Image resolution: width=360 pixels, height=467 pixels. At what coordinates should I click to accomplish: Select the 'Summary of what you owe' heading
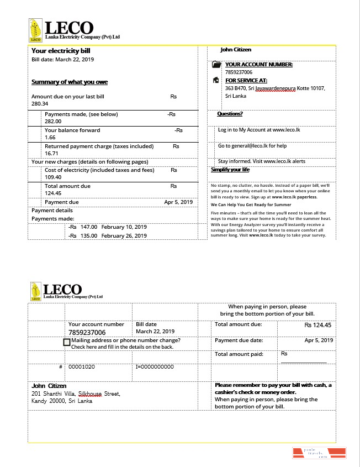tap(70, 82)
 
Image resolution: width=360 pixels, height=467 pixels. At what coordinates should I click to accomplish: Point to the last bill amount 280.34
tap(40, 104)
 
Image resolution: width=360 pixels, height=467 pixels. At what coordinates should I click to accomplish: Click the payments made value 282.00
tap(53, 121)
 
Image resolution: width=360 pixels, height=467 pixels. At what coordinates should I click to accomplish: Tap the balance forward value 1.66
tap(50, 137)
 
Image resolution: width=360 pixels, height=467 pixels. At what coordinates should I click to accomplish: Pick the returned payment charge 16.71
tap(51, 153)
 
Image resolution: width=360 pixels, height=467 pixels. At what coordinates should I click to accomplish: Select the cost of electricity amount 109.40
tap(53, 177)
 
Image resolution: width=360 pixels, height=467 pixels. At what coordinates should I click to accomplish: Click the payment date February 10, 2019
tap(124, 227)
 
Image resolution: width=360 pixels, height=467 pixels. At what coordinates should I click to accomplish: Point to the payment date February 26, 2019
tap(124, 235)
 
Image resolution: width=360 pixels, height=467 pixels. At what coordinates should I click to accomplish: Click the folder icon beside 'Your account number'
tap(216, 65)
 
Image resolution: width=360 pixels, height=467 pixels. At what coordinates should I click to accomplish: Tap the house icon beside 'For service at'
tap(216, 80)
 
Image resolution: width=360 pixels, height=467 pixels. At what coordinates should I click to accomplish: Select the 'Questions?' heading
tap(230, 114)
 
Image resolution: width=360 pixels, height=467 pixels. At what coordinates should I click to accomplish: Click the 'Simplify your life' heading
tap(230, 170)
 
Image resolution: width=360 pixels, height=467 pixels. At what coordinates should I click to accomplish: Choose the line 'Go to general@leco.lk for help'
tap(252, 146)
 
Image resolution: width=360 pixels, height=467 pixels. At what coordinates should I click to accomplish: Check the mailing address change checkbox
tap(67, 342)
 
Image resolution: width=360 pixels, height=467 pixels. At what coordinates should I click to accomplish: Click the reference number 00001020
tap(81, 367)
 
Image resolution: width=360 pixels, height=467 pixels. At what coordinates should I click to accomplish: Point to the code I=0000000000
tap(155, 367)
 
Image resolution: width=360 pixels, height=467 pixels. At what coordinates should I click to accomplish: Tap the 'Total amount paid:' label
tap(239, 354)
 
